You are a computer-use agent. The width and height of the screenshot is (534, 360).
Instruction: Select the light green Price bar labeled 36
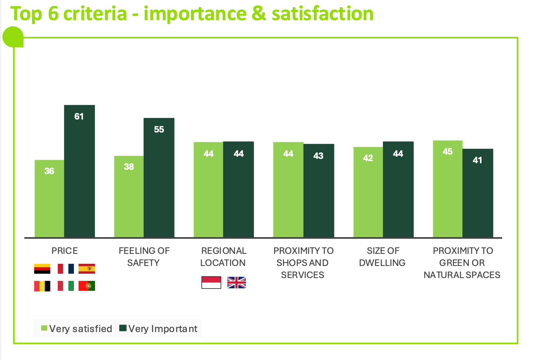coord(49,199)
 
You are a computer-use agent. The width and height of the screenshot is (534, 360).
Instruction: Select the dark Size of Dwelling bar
coord(398,189)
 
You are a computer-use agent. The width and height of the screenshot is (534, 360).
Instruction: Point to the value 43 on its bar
coord(318,156)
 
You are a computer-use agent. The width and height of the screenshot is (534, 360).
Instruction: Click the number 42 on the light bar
coord(368,158)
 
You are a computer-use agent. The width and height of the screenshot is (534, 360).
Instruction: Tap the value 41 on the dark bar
coord(477,160)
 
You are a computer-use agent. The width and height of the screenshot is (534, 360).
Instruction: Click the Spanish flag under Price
coord(87,269)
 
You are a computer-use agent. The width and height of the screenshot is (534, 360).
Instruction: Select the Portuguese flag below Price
coord(87,286)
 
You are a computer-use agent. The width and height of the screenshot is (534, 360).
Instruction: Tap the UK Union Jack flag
coord(236,283)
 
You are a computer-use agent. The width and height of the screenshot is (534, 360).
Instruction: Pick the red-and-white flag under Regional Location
coord(211,282)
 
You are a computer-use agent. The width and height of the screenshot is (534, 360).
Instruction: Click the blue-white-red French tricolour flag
coord(66,269)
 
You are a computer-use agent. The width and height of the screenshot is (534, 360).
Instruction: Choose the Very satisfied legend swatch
coord(44,328)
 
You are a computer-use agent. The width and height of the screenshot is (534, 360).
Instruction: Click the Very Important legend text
coord(163,329)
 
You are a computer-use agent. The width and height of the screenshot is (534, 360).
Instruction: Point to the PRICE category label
coord(65,251)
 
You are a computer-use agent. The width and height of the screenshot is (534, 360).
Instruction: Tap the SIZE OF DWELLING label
coord(382,257)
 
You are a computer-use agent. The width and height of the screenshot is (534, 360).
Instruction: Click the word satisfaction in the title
coord(323,14)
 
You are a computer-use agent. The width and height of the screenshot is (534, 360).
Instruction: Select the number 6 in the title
coord(53,14)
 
